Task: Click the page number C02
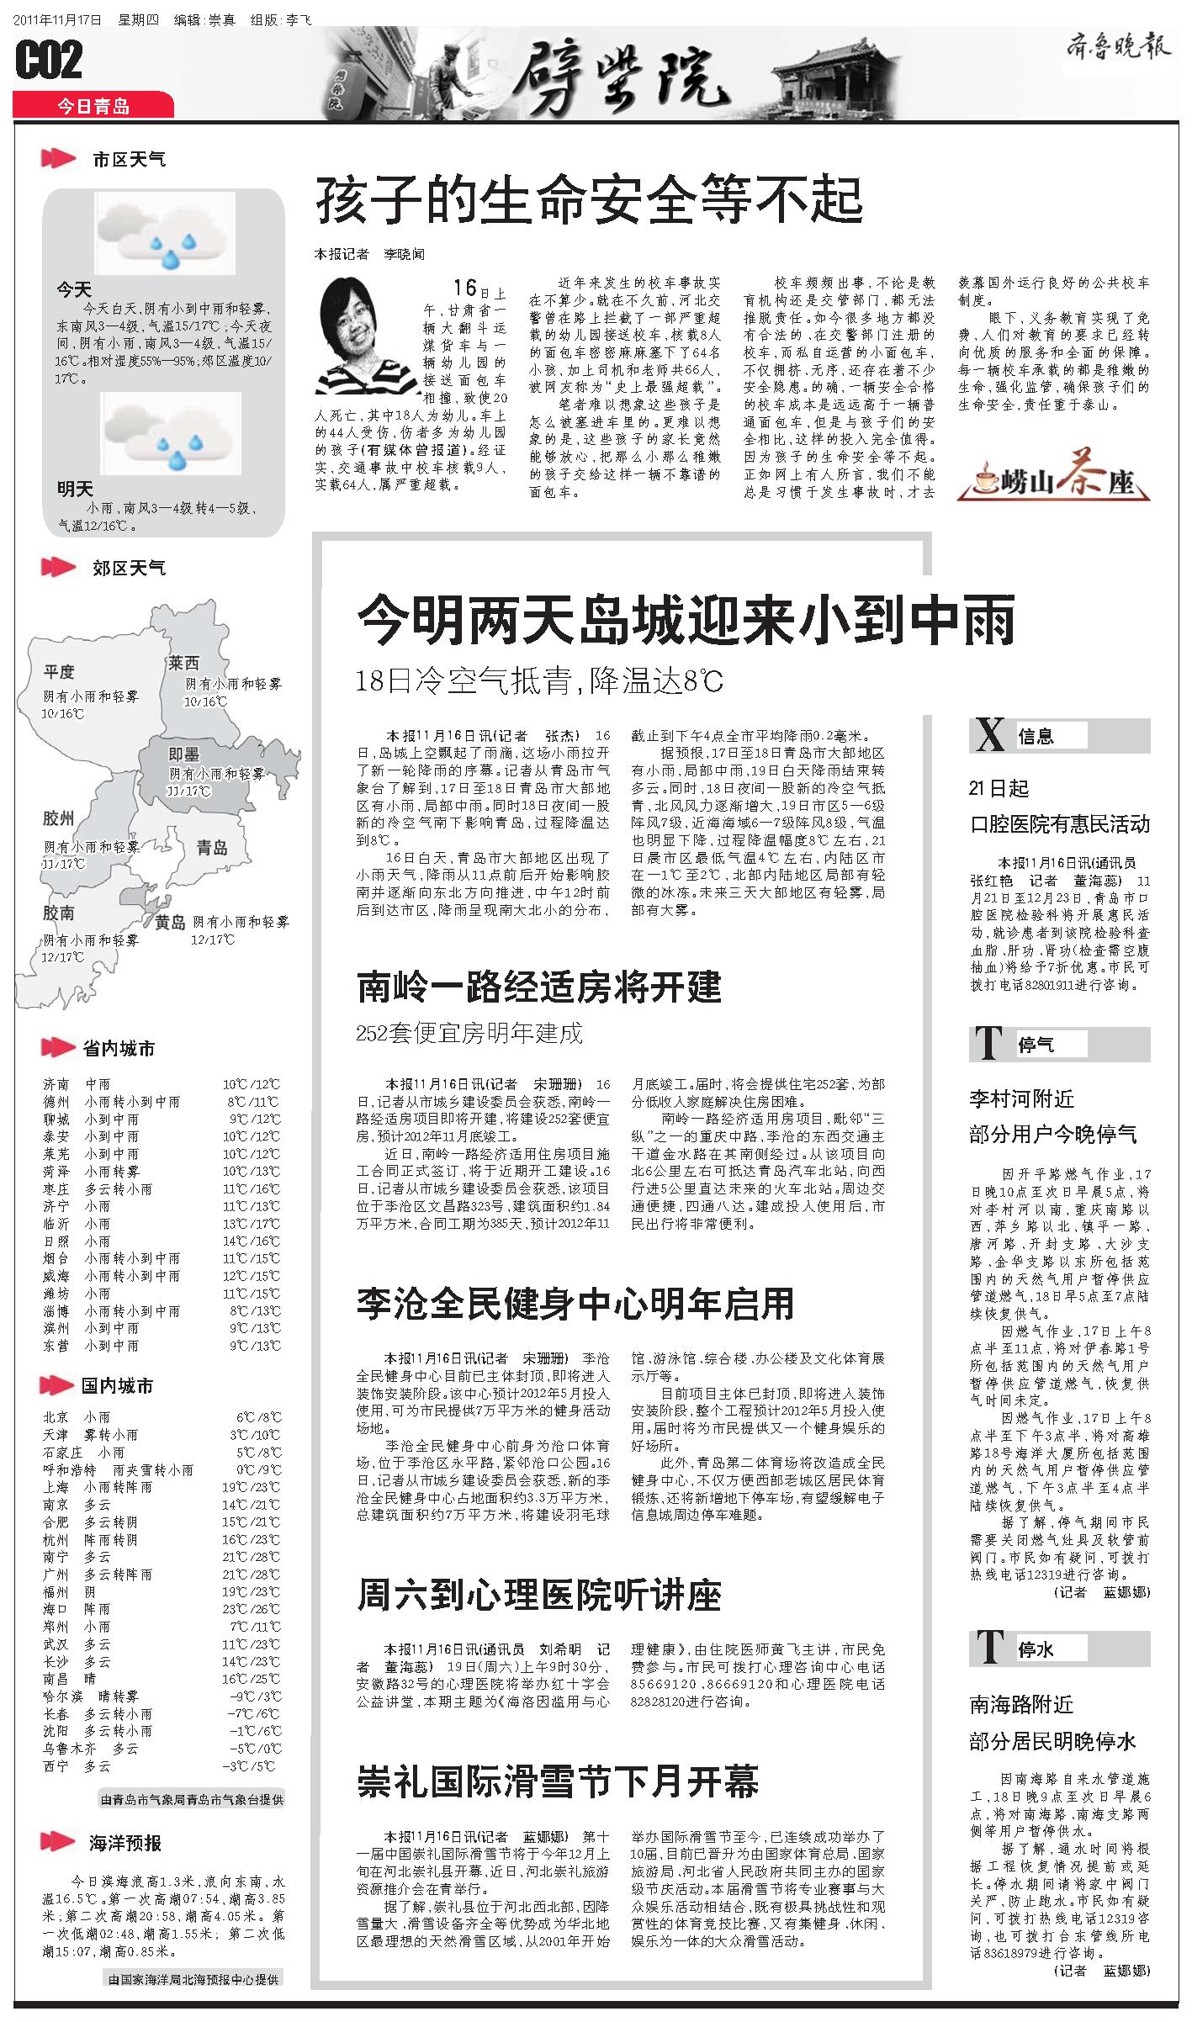(x=50, y=61)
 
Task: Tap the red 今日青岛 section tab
(x=93, y=106)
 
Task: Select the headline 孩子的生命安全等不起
(x=589, y=200)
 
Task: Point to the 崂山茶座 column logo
(x=1054, y=481)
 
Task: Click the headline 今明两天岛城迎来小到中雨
(x=686, y=620)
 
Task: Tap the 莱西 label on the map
(x=183, y=663)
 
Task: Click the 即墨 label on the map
(x=183, y=753)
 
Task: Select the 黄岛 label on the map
(x=170, y=923)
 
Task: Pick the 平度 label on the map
(x=60, y=671)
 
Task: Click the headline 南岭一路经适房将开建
(x=539, y=987)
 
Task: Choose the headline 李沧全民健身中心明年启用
(x=575, y=1303)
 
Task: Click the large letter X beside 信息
(x=989, y=736)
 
